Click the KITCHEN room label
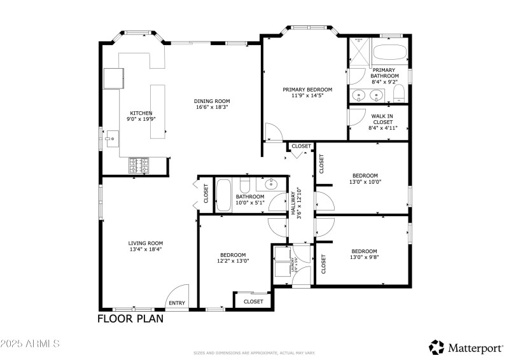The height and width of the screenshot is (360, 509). tap(141, 113)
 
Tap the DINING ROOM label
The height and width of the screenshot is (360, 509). tap(212, 101)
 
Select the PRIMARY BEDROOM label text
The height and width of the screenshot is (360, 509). tap(307, 90)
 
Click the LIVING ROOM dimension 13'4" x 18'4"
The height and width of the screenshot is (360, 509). tap(146, 249)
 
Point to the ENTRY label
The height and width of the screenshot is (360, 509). tap(178, 303)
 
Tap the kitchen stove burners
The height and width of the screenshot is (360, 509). tap(139, 166)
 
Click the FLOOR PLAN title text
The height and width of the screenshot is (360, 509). tap(130, 319)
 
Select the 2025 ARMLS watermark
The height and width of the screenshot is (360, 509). tap(30, 343)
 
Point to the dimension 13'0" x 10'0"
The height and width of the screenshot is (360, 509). tap(365, 182)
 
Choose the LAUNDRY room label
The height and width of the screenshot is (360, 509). tap(293, 264)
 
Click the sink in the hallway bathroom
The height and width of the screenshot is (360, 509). tap(269, 185)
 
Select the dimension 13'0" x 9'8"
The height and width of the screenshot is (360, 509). tap(364, 258)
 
